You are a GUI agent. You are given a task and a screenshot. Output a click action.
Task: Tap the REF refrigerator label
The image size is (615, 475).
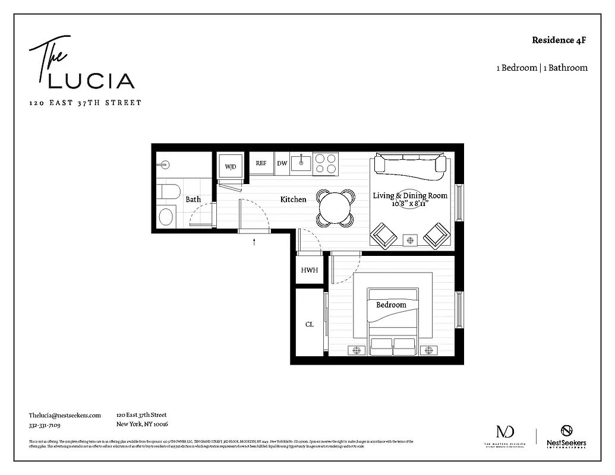coord(261,163)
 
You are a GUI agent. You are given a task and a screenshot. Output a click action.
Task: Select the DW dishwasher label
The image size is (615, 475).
coord(282,163)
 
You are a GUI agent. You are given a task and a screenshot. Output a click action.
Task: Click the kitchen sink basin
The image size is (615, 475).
coord(302,161)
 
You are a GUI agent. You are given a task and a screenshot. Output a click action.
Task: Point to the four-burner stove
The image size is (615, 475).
coord(326,163)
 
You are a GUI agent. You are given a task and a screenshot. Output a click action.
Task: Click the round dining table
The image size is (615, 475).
coord(335,207)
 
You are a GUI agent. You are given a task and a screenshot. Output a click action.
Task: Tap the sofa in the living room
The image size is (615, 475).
coord(409,166)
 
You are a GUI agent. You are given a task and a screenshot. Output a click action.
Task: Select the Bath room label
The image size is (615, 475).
coord(193,199)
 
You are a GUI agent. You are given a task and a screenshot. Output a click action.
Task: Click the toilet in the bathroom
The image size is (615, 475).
coord(169,191)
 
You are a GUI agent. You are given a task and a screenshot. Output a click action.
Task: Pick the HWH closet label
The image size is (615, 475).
coord(309,270)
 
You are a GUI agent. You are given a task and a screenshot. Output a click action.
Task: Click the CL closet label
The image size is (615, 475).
coord(309,324)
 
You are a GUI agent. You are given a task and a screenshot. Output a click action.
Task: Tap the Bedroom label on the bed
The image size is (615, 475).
coord(391,305)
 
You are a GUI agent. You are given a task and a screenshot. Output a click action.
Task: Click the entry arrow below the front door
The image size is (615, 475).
coord(254,242)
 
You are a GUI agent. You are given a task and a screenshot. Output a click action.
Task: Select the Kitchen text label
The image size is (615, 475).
coord(293,199)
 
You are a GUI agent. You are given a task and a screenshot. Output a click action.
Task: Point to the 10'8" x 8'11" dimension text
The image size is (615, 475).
coord(409,204)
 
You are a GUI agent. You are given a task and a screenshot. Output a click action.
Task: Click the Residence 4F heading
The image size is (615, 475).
coord(559,40)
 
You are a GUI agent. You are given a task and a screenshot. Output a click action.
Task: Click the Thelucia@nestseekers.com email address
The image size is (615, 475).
coord(65,416)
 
